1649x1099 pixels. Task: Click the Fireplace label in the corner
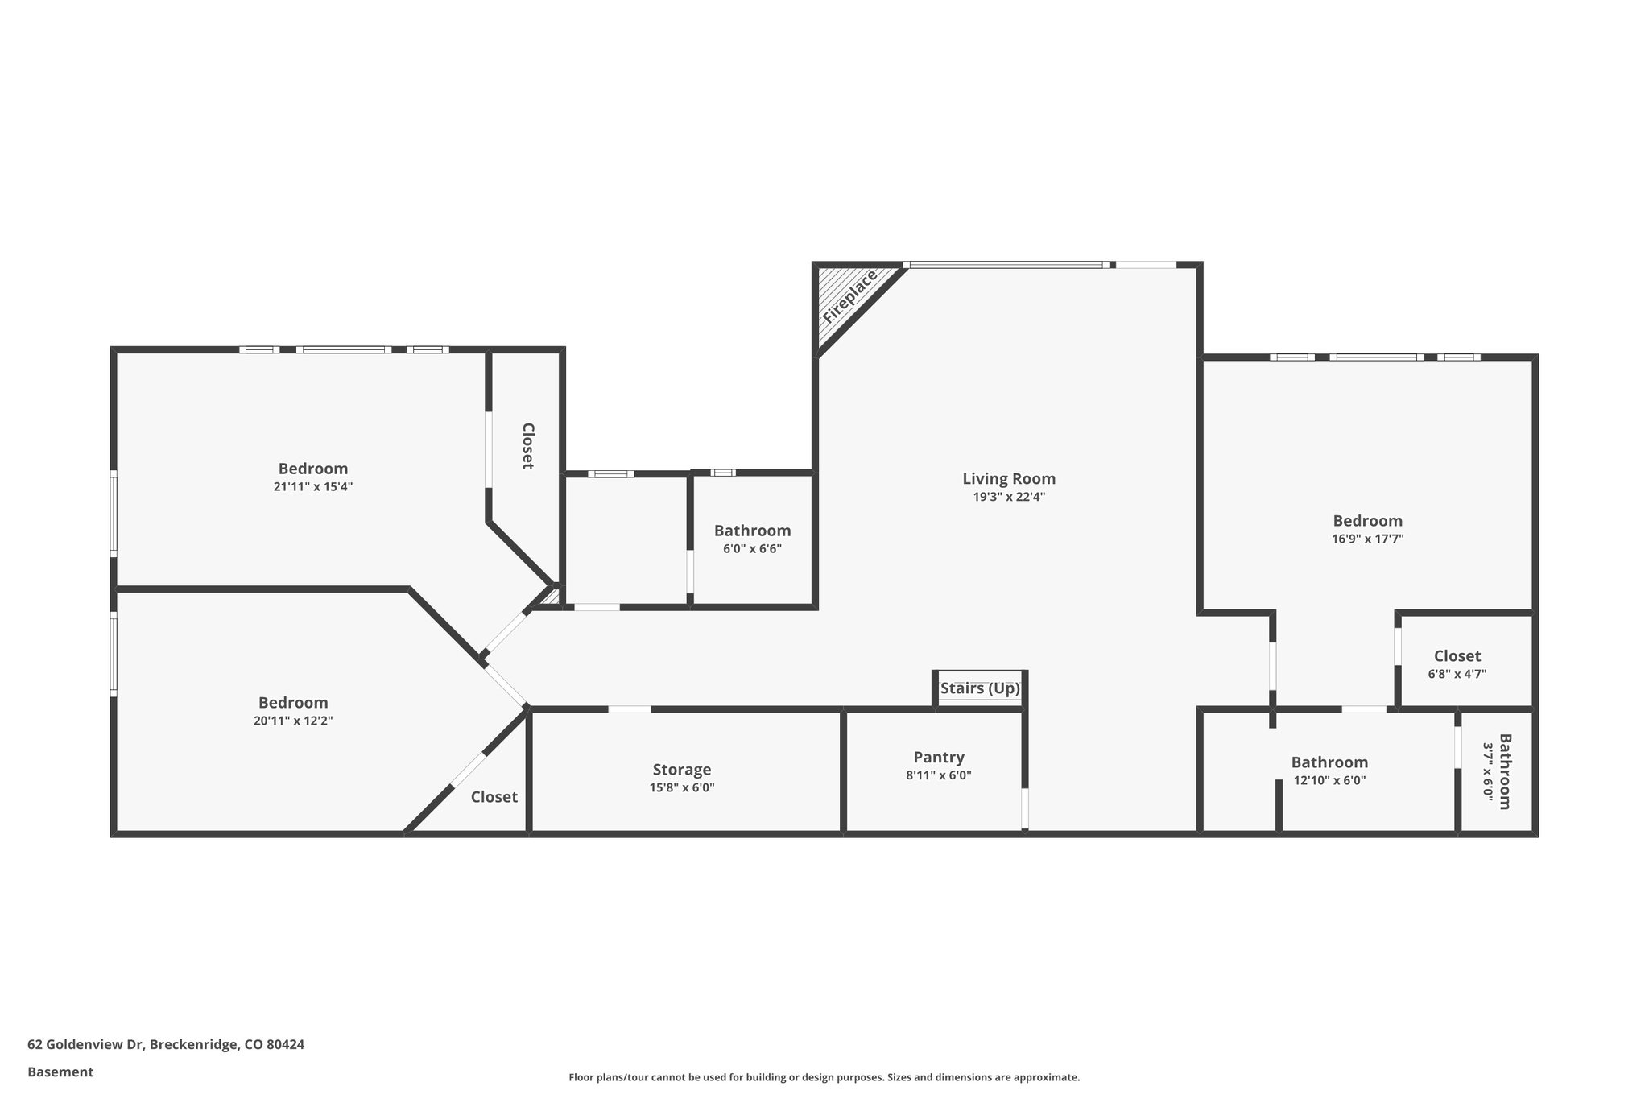849,297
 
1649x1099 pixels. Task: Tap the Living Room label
1009,479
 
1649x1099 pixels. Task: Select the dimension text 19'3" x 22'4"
1009,498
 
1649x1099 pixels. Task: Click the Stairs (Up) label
980,689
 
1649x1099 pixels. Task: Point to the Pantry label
939,758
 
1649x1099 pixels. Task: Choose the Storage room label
682,770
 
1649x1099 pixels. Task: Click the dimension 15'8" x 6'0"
682,788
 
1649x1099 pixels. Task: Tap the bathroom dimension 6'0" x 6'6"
752,549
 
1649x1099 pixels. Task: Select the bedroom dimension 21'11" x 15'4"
313,487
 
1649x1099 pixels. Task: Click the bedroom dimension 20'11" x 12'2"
293,721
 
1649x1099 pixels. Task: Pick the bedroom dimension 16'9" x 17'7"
1367,539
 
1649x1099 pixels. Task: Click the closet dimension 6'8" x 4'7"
1457,675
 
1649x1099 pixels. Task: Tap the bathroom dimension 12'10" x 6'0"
1329,780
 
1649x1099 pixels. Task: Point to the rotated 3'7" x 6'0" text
1488,771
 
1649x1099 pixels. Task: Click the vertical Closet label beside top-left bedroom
527,446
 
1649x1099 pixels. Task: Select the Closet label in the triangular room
494,797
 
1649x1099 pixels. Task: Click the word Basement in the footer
60,1072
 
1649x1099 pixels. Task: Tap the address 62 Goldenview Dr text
166,1045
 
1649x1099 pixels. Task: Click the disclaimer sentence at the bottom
824,1077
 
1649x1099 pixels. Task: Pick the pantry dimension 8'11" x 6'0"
939,776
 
